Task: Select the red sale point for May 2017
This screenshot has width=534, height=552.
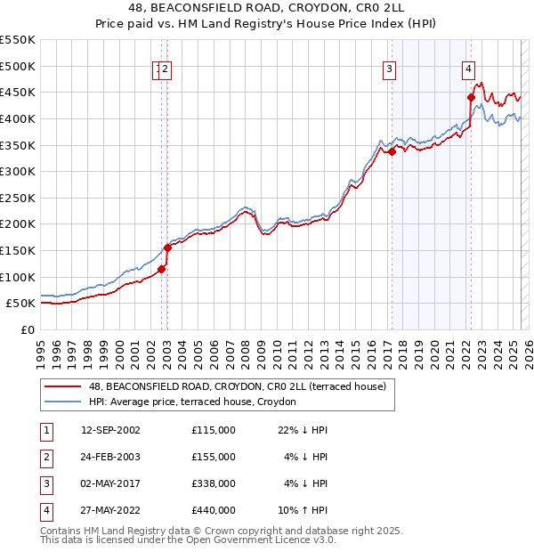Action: [392, 151]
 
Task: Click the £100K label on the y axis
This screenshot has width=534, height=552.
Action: [18, 277]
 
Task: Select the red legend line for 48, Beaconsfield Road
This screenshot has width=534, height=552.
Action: [61, 387]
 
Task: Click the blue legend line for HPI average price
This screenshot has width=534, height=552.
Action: [61, 402]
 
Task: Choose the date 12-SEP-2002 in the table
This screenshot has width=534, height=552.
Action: [110, 430]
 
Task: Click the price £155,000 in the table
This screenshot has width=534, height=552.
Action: [213, 457]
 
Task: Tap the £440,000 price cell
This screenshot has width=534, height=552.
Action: [213, 510]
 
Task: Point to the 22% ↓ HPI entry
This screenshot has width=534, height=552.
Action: [303, 430]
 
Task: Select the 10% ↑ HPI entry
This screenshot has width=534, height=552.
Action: [303, 510]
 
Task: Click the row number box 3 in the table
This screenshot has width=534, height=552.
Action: [44, 483]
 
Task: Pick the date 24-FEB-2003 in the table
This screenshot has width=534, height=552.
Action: [110, 457]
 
